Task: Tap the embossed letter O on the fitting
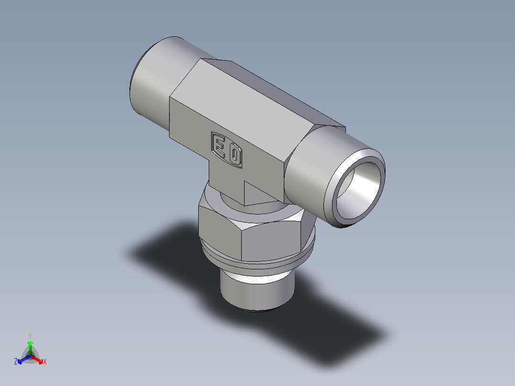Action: coord(235,155)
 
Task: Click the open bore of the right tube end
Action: coord(362,188)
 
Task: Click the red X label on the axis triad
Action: coord(45,362)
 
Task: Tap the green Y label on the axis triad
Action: coord(30,336)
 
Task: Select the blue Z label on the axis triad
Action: coord(16,362)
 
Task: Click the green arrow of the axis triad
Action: coord(30,346)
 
